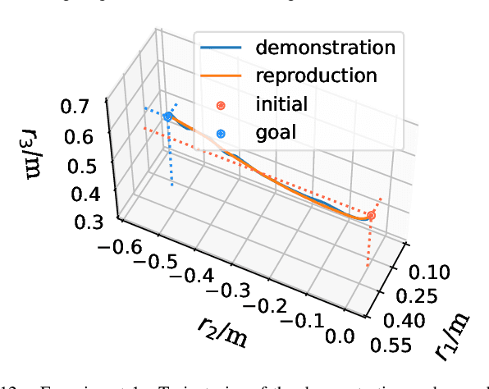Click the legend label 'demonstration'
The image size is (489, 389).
click(325, 47)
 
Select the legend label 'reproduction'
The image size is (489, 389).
click(316, 76)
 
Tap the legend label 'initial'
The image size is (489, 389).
click(281, 104)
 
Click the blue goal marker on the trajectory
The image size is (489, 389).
click(167, 117)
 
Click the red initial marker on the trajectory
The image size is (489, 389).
click(371, 216)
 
